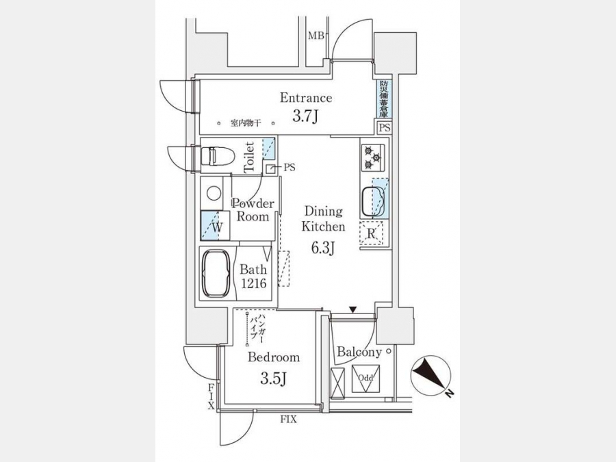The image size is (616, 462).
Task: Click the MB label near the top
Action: [x=315, y=36]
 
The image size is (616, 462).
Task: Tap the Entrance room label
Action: [x=306, y=98]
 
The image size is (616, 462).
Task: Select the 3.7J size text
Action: [x=306, y=116]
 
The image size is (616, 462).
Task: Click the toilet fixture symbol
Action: [x=217, y=156]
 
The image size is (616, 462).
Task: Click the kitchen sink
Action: [x=374, y=200]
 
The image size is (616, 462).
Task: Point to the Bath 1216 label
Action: [x=253, y=276]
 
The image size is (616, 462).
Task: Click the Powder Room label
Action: [x=253, y=210]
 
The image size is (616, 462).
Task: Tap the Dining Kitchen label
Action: [x=324, y=219]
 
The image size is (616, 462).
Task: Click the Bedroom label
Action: [x=274, y=357]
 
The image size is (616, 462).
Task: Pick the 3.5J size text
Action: [x=272, y=378]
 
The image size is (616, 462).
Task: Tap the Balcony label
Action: [x=359, y=352]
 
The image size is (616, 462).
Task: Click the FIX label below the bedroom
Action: [x=288, y=420]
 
